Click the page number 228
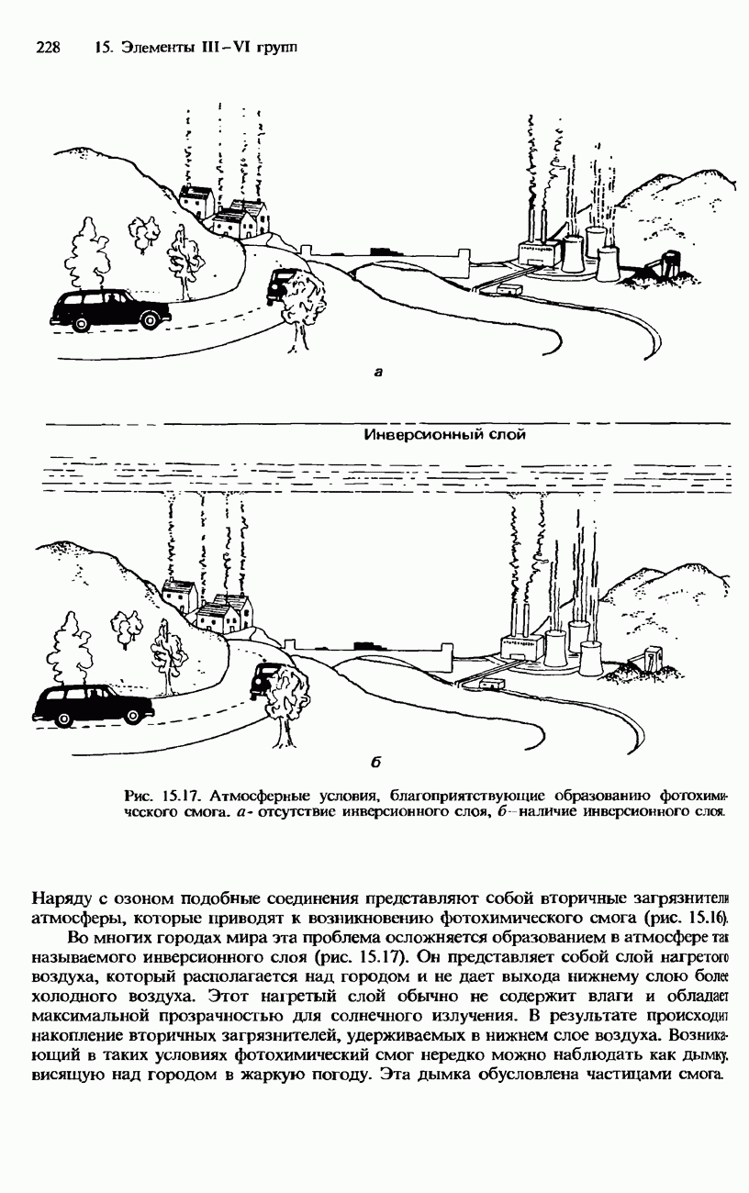point(47,47)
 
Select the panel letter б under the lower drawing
point(377,763)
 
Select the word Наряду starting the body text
point(61,898)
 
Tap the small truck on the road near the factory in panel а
point(506,289)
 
